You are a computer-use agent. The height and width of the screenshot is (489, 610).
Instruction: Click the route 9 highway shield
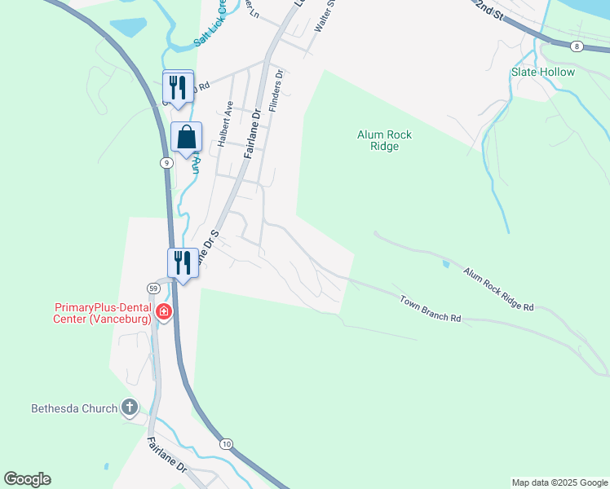coord(166,163)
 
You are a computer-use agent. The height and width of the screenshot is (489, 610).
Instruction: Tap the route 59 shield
coord(153,289)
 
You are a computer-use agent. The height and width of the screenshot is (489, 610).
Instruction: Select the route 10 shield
coord(226,443)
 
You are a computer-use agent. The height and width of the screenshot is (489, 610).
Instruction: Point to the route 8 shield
coord(577,46)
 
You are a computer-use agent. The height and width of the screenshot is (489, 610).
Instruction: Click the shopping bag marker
coord(186,138)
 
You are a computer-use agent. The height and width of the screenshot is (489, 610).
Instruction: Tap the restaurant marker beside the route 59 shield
coord(183,263)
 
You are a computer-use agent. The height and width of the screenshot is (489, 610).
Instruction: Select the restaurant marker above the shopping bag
coord(179,86)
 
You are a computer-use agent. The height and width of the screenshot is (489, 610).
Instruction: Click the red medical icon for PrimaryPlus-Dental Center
coord(164,312)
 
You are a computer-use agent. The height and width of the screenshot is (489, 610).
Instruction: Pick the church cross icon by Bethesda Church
coord(129,407)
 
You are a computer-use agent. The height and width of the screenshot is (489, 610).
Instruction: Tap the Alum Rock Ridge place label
coord(378,141)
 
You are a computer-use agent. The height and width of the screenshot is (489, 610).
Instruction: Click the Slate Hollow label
coord(543,72)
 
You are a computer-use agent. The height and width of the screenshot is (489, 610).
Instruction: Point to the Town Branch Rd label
coord(431,309)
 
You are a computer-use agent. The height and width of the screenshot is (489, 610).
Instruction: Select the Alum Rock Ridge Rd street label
coord(498,289)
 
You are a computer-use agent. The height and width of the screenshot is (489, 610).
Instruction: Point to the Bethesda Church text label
coord(74,408)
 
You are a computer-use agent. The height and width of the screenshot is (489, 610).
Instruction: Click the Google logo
coord(27,479)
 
